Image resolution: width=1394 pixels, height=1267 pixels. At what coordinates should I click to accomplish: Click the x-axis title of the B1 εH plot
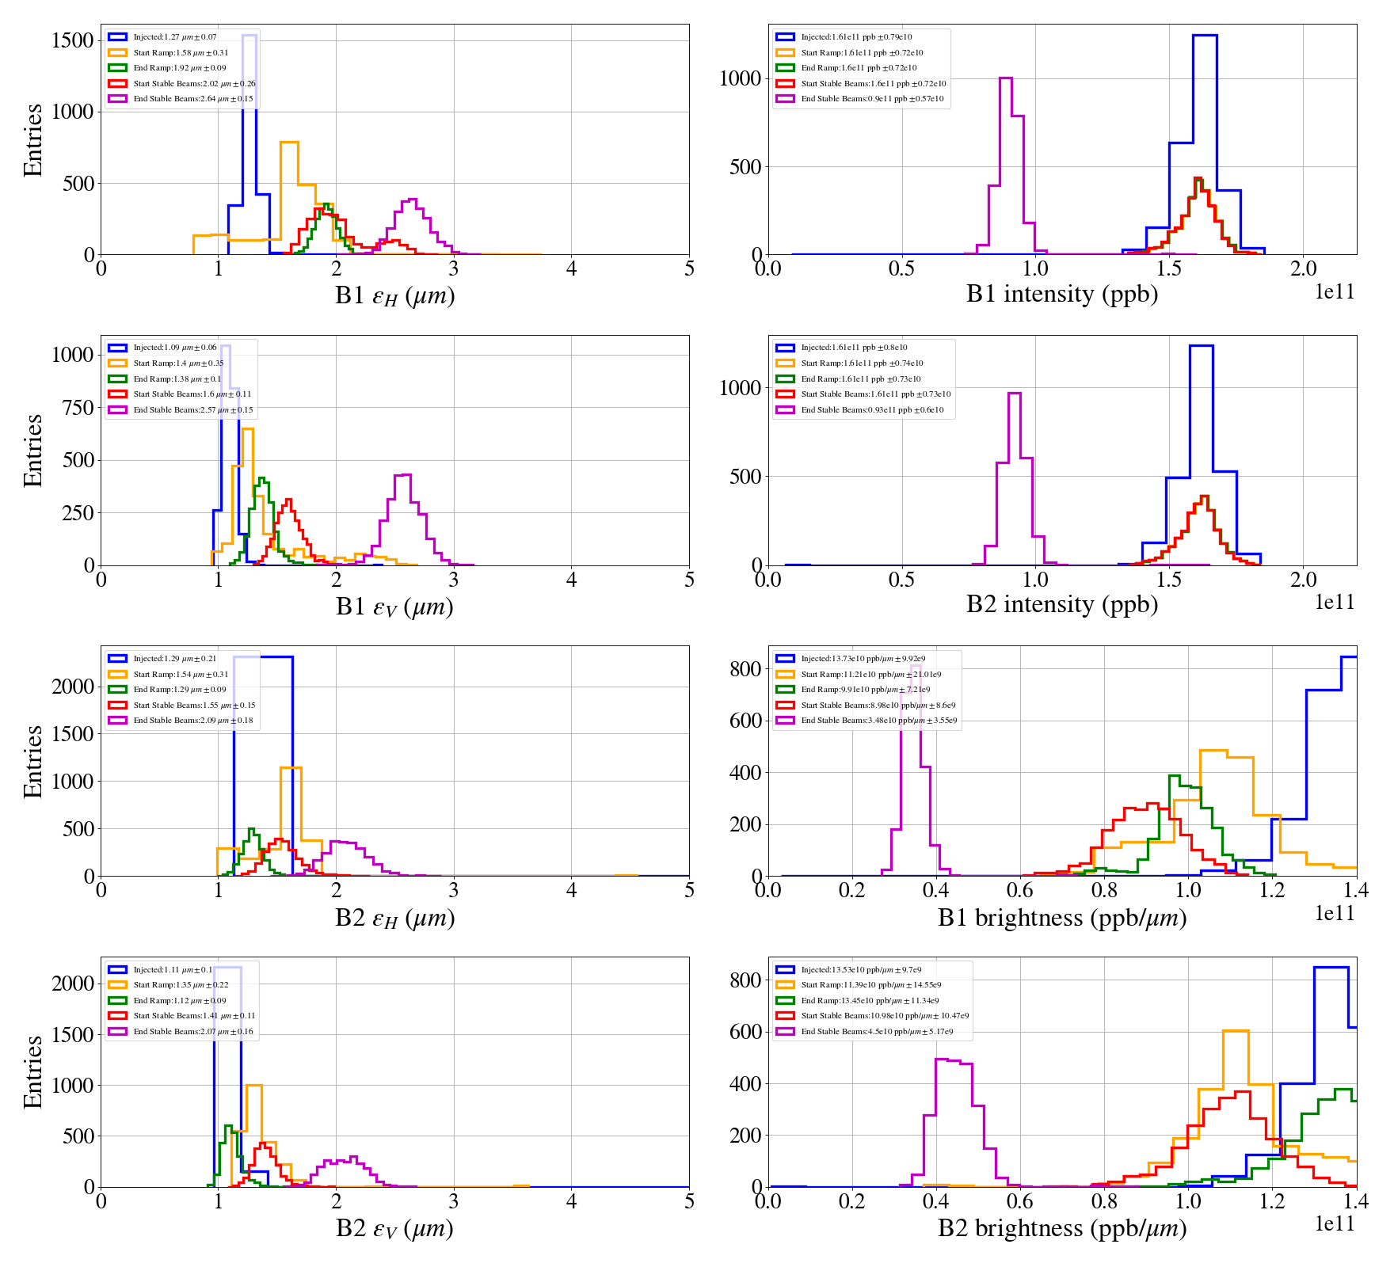tap(394, 295)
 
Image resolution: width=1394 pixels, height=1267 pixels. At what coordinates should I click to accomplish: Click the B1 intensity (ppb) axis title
tap(1061, 294)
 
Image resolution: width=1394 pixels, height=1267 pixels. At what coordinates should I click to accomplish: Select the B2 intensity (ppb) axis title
tap(1061, 604)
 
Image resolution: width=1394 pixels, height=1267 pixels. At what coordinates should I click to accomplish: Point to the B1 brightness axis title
tap(1061, 918)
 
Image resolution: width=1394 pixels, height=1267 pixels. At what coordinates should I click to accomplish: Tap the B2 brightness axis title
tap(1061, 1228)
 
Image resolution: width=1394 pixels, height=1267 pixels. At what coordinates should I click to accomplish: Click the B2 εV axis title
tap(394, 1228)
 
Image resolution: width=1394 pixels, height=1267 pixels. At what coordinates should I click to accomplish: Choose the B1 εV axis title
tap(394, 607)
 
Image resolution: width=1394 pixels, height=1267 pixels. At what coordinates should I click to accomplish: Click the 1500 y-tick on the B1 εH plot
tap(73, 40)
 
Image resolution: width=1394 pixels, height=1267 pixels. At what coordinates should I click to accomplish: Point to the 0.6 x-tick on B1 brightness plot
tap(1020, 890)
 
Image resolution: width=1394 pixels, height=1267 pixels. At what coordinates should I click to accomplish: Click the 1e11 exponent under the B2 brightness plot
tap(1335, 1224)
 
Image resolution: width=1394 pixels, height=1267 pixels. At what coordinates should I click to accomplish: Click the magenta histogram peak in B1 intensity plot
tap(1006, 78)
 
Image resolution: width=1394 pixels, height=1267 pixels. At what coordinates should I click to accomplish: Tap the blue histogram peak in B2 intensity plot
tap(1201, 346)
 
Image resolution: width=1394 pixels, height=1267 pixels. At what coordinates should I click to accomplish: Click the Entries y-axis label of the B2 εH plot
tap(33, 761)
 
